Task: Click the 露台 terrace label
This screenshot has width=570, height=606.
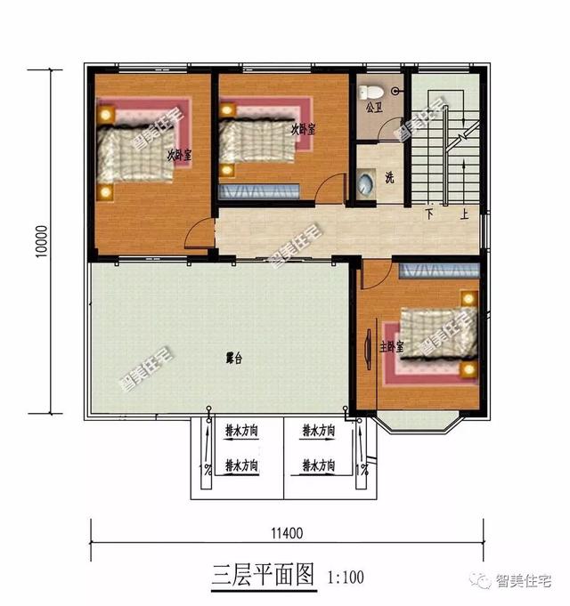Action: [x=234, y=359]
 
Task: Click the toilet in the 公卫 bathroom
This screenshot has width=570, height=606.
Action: [x=374, y=91]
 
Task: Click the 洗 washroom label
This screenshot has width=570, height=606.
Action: [x=389, y=177]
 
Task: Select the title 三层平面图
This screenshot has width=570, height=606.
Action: [x=264, y=574]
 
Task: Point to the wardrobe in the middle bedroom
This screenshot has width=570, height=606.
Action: [x=258, y=190]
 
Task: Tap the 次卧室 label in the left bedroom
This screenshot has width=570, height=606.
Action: [x=180, y=154]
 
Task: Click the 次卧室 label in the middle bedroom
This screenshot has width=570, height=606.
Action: [x=303, y=128]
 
